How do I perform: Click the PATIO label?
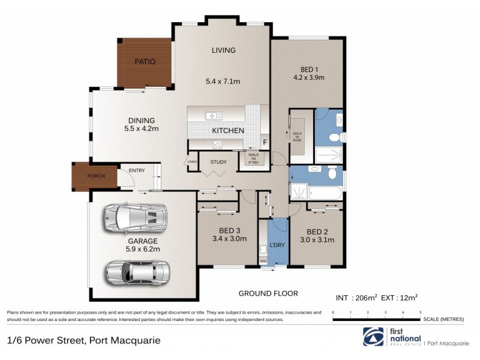(x=145, y=61)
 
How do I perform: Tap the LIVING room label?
(x=223, y=50)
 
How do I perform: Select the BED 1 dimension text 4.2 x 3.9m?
(x=308, y=77)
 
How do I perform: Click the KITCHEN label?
(x=227, y=130)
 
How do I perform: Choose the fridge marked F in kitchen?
(x=264, y=142)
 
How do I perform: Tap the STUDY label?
(x=218, y=161)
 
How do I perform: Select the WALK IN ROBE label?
(x=298, y=136)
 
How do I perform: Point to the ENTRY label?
(x=136, y=170)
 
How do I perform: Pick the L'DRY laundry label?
(x=277, y=246)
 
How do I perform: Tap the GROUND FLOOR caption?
(x=268, y=293)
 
